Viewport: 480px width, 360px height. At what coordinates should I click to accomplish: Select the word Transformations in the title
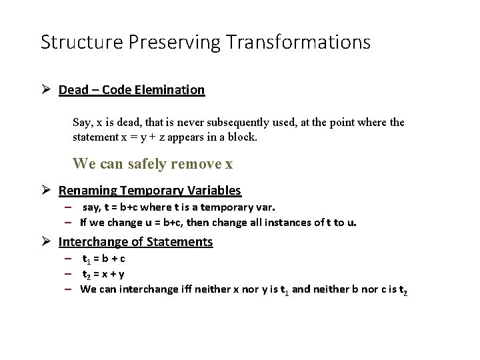[x=298, y=42]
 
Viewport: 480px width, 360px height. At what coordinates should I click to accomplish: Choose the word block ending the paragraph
[x=243, y=137]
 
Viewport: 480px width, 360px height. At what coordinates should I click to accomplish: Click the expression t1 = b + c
[x=103, y=259]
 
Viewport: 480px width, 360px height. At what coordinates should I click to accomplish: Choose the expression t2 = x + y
[x=103, y=274]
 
